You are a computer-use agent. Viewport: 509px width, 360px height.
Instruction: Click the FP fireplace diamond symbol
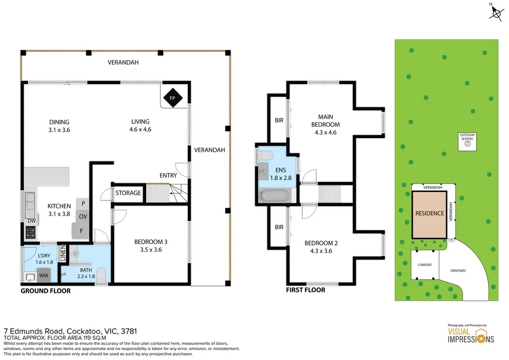coord(172,98)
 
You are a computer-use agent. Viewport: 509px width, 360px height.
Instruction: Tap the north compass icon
coord(497,11)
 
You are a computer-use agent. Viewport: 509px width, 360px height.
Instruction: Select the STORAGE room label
coord(128,193)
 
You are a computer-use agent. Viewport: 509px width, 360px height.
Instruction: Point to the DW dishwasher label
coord(31,221)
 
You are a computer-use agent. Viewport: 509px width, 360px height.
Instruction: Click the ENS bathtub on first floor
coord(274,195)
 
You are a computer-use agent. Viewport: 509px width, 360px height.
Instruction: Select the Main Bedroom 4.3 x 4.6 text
coord(326,133)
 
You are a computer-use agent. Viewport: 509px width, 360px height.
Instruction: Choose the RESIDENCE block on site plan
coord(429,214)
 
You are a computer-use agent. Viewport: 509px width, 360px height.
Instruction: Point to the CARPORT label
coord(424,265)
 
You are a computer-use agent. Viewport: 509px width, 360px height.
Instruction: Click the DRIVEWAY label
coord(457,270)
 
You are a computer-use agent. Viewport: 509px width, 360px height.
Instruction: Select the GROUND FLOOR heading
coord(45,291)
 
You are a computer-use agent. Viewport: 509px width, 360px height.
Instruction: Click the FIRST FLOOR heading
coord(306,290)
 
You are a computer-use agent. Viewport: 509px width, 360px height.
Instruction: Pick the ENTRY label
coord(168,176)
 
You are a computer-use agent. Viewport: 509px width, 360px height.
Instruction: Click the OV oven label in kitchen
coord(83,217)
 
